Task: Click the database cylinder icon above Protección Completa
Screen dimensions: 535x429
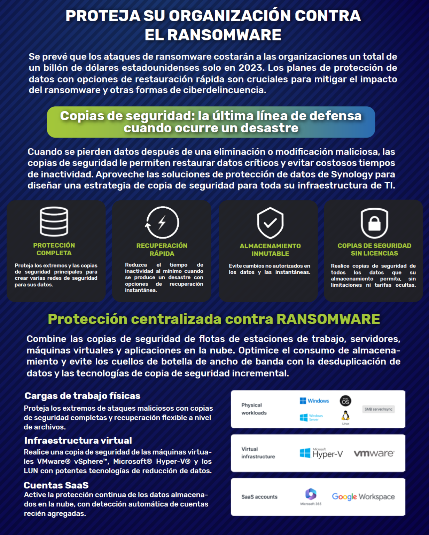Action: (54, 222)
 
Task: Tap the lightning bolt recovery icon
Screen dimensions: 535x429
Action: (162, 222)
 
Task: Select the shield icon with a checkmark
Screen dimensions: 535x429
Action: (270, 223)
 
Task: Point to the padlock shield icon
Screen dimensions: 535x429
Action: (374, 223)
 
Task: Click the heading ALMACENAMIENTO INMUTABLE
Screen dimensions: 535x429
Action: (270, 250)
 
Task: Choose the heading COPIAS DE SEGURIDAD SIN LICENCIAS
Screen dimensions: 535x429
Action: (374, 249)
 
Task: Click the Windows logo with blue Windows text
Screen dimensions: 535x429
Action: (314, 401)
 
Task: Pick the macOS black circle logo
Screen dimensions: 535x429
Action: (345, 401)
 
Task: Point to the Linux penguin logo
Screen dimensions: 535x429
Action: (345, 416)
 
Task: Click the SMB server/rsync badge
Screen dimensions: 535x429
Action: (379, 409)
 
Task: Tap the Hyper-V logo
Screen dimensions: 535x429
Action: (321, 453)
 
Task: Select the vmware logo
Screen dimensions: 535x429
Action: (374, 453)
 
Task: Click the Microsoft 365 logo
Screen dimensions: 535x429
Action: (311, 495)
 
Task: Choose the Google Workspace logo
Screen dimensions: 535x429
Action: (363, 497)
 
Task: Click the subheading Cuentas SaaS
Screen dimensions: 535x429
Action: (56, 485)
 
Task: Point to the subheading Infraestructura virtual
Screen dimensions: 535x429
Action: (78, 441)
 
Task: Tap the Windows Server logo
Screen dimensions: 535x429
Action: (311, 417)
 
